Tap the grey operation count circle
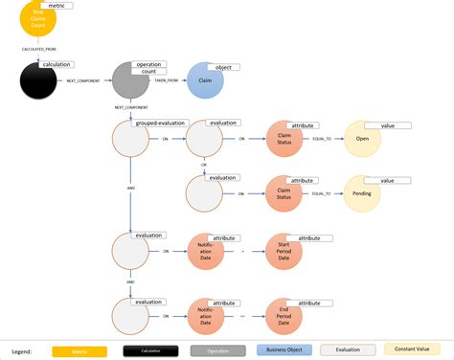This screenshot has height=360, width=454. [130, 81]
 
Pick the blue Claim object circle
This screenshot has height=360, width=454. [205, 81]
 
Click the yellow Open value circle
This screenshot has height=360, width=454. [362, 139]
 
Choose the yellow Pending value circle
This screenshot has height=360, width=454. [362, 193]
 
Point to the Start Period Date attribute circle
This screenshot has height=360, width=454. [284, 252]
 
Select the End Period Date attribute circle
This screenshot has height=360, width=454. [284, 315]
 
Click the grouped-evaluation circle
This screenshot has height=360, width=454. [131, 139]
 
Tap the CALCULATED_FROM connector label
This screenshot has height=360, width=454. [38, 46]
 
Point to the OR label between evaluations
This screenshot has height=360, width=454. [204, 164]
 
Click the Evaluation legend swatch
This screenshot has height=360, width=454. [348, 350]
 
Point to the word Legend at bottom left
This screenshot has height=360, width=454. [22, 351]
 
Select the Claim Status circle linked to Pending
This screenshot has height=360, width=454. [284, 193]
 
